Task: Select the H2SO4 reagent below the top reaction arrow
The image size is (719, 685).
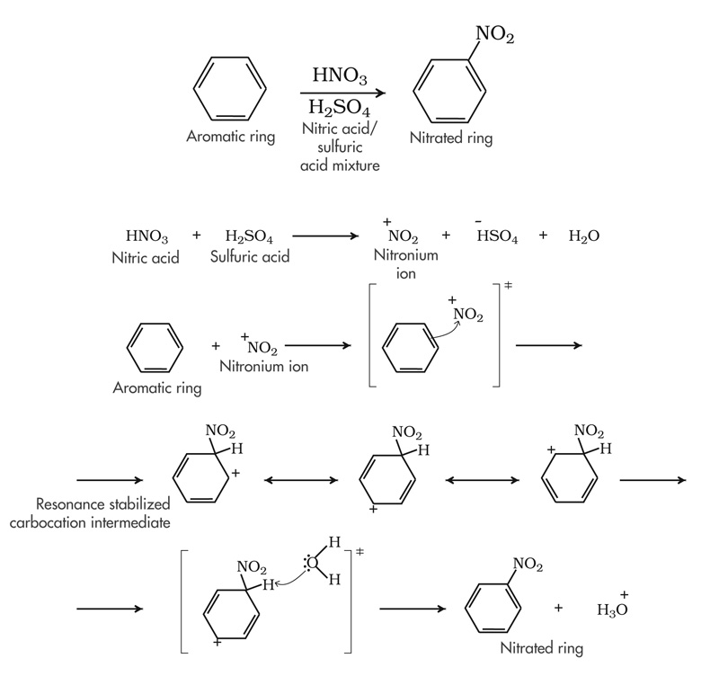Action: point(339,110)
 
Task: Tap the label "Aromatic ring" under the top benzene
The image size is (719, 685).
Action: point(231,138)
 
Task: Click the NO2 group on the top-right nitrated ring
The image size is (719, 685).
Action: point(494,34)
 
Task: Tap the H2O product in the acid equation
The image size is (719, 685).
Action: point(583,237)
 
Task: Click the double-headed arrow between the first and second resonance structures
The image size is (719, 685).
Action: point(295,483)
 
